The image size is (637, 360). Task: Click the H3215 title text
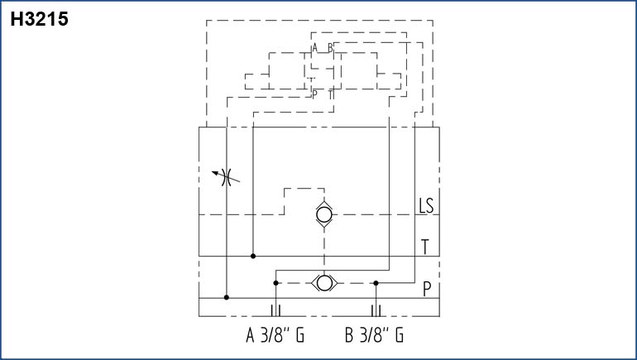[x=40, y=19]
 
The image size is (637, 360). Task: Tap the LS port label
[x=426, y=205]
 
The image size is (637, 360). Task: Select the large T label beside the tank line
[x=425, y=247]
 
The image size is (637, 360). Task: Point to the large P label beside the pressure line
[x=427, y=289]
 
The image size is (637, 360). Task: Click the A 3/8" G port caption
[x=275, y=335]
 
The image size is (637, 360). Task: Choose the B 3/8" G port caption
[x=374, y=335]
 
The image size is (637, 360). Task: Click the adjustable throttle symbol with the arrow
[x=227, y=177]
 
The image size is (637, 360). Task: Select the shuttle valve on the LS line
[x=324, y=214]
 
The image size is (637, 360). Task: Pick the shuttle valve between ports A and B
[x=324, y=283]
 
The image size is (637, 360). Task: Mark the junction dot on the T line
[x=253, y=256]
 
